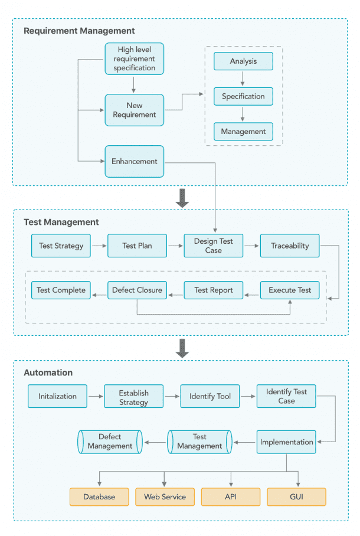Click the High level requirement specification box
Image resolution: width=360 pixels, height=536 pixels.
135,59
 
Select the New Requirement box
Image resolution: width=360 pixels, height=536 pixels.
135,110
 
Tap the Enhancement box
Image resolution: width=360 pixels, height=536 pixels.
135,161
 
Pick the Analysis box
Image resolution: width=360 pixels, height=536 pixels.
243,61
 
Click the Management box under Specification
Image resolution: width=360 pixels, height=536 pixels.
243,132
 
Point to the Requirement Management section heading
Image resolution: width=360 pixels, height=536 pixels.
79,31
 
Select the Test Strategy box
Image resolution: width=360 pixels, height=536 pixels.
61,246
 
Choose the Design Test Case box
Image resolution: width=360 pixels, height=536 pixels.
214,246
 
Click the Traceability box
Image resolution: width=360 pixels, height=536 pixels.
290,246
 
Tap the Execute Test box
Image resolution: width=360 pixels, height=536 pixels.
290,290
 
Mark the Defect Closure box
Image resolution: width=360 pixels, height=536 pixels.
137,290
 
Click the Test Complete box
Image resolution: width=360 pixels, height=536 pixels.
61,290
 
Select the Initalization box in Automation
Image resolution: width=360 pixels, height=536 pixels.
58,396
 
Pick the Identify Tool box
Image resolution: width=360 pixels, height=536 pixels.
210,396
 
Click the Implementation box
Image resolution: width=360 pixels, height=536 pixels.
286,442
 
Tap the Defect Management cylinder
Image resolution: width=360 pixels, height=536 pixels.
110,442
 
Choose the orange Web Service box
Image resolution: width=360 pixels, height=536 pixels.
165,496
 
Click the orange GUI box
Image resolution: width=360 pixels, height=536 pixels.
296,496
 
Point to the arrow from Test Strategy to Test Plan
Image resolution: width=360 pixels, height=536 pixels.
99,246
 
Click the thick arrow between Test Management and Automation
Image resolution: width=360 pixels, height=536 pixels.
182,348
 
